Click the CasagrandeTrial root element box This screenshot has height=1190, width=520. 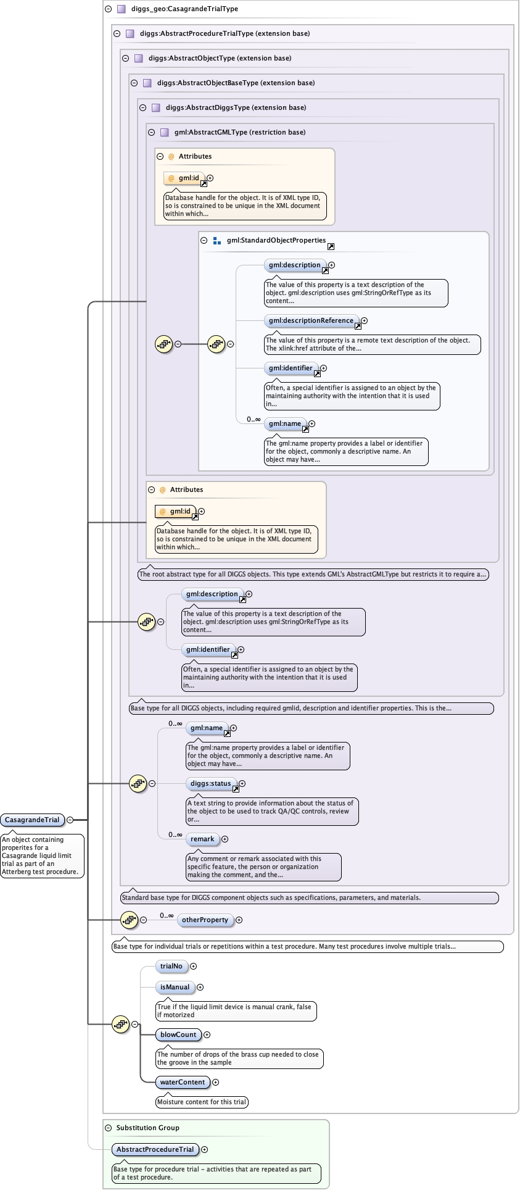click(x=32, y=820)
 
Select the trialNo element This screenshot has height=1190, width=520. click(x=171, y=966)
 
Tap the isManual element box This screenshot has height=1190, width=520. click(x=175, y=987)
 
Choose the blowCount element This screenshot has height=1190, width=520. click(x=178, y=1034)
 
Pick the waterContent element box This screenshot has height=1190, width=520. click(x=182, y=1082)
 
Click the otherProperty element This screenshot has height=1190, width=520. click(x=205, y=920)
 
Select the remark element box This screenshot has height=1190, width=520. click(x=202, y=839)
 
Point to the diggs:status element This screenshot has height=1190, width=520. click(x=210, y=783)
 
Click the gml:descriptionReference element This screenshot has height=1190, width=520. click(x=311, y=320)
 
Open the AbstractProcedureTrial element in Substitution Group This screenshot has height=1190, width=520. click(x=155, y=1149)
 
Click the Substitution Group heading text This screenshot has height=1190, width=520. click(x=147, y=1128)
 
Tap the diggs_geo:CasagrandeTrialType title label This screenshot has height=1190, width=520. click(x=184, y=9)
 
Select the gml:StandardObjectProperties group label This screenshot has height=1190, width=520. click(x=276, y=240)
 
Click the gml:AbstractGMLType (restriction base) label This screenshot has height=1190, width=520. click(x=239, y=132)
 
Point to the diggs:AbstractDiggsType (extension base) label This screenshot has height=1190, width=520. click(x=236, y=107)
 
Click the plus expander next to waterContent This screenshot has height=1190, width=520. click(x=215, y=1082)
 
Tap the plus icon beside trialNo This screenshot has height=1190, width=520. click(x=193, y=966)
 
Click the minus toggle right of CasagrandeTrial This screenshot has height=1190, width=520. click(x=70, y=820)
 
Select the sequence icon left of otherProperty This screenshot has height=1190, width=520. click(x=129, y=920)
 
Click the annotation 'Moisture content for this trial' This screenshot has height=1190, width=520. click(x=202, y=1102)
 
